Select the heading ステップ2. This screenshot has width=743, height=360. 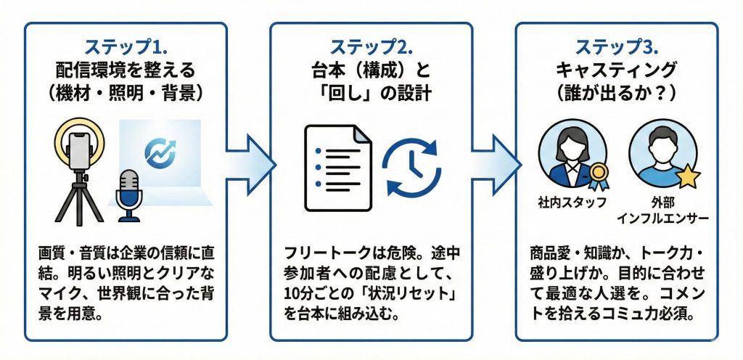click(371, 47)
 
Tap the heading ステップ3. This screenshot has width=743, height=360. click(617, 47)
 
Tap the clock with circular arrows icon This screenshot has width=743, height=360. click(411, 166)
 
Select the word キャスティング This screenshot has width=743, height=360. click(617, 70)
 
